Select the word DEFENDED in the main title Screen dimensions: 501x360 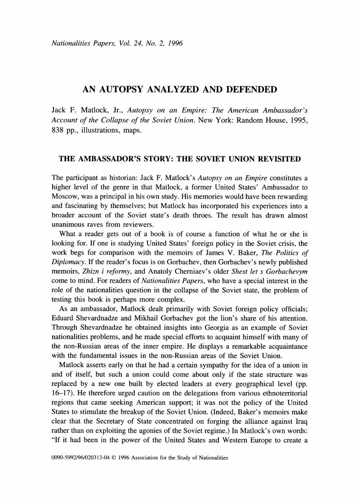[x=251, y=89]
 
